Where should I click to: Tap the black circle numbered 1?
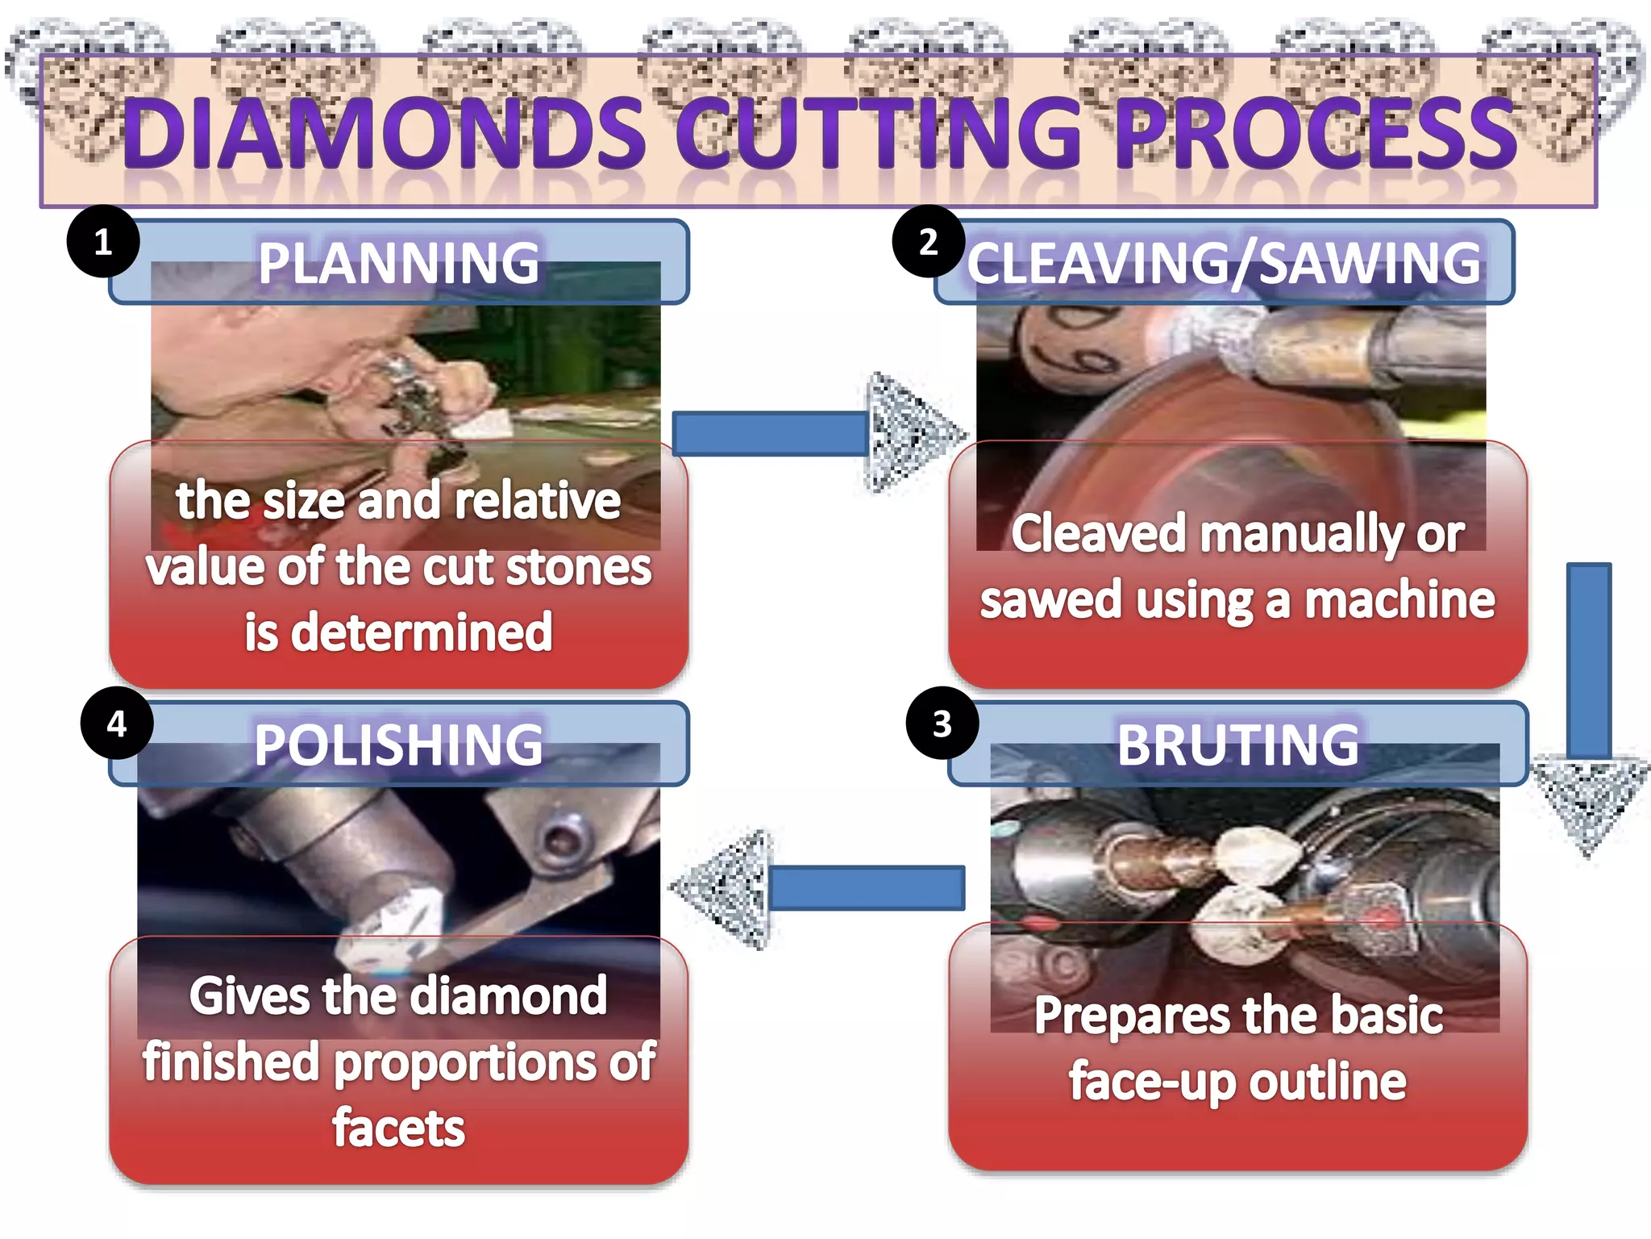click(103, 241)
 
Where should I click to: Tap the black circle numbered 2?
click(929, 241)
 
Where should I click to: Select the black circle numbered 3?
click(942, 724)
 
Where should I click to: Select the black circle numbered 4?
click(117, 724)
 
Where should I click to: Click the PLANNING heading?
click(399, 263)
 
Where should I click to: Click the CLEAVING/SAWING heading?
click(1224, 263)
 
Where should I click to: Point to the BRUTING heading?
click(1237, 745)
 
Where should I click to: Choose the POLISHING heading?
click(399, 745)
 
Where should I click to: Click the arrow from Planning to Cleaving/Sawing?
click(814, 434)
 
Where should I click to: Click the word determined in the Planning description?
click(422, 632)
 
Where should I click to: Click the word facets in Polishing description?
click(399, 1128)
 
